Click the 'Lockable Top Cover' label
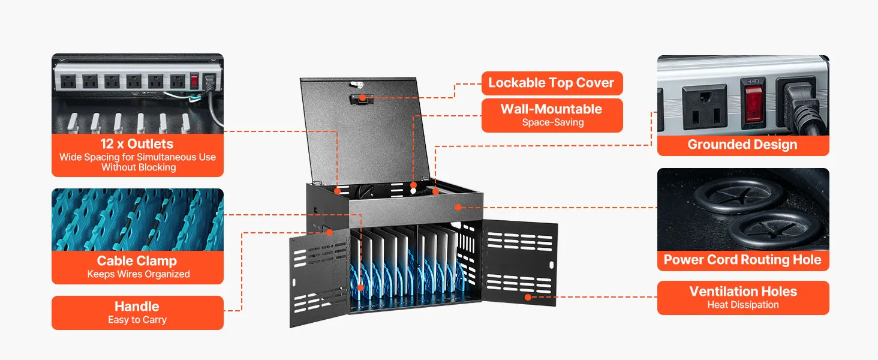(551, 83)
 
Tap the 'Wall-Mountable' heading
(551, 109)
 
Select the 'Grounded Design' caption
(742, 145)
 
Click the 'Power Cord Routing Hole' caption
(742, 260)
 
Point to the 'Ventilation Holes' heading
(743, 292)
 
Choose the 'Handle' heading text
(137, 306)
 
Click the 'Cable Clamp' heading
(137, 261)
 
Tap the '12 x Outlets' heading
(137, 144)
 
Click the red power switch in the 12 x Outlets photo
(194, 81)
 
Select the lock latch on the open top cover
(362, 99)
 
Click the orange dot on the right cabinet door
(528, 297)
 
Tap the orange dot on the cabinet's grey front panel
(458, 207)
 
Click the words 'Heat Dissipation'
(743, 305)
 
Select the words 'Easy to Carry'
(137, 320)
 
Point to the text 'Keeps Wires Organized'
(139, 274)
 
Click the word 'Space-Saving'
(553, 122)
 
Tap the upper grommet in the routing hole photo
(738, 195)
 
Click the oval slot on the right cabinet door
(552, 265)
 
